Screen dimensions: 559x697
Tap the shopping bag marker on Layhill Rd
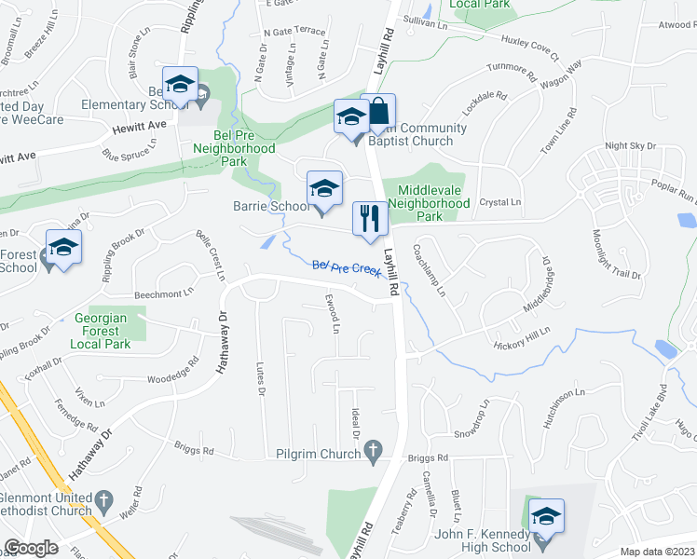(x=378, y=112)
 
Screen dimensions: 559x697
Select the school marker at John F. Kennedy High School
(x=547, y=515)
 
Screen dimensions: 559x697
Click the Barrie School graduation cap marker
(x=322, y=188)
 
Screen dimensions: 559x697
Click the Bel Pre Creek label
(x=347, y=269)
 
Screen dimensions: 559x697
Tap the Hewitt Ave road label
(x=140, y=124)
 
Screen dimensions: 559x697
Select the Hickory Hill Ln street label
(x=522, y=337)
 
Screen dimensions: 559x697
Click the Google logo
(x=31, y=548)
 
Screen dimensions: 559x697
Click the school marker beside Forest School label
(x=63, y=249)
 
